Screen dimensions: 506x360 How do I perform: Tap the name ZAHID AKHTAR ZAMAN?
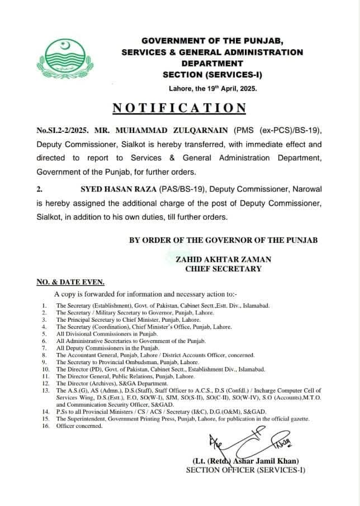pos(223,259)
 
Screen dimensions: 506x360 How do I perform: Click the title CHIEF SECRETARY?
pos(223,269)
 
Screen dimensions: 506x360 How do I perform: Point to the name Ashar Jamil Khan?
pos(266,461)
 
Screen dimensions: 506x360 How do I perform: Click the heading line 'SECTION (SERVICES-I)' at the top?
pos(212,74)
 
